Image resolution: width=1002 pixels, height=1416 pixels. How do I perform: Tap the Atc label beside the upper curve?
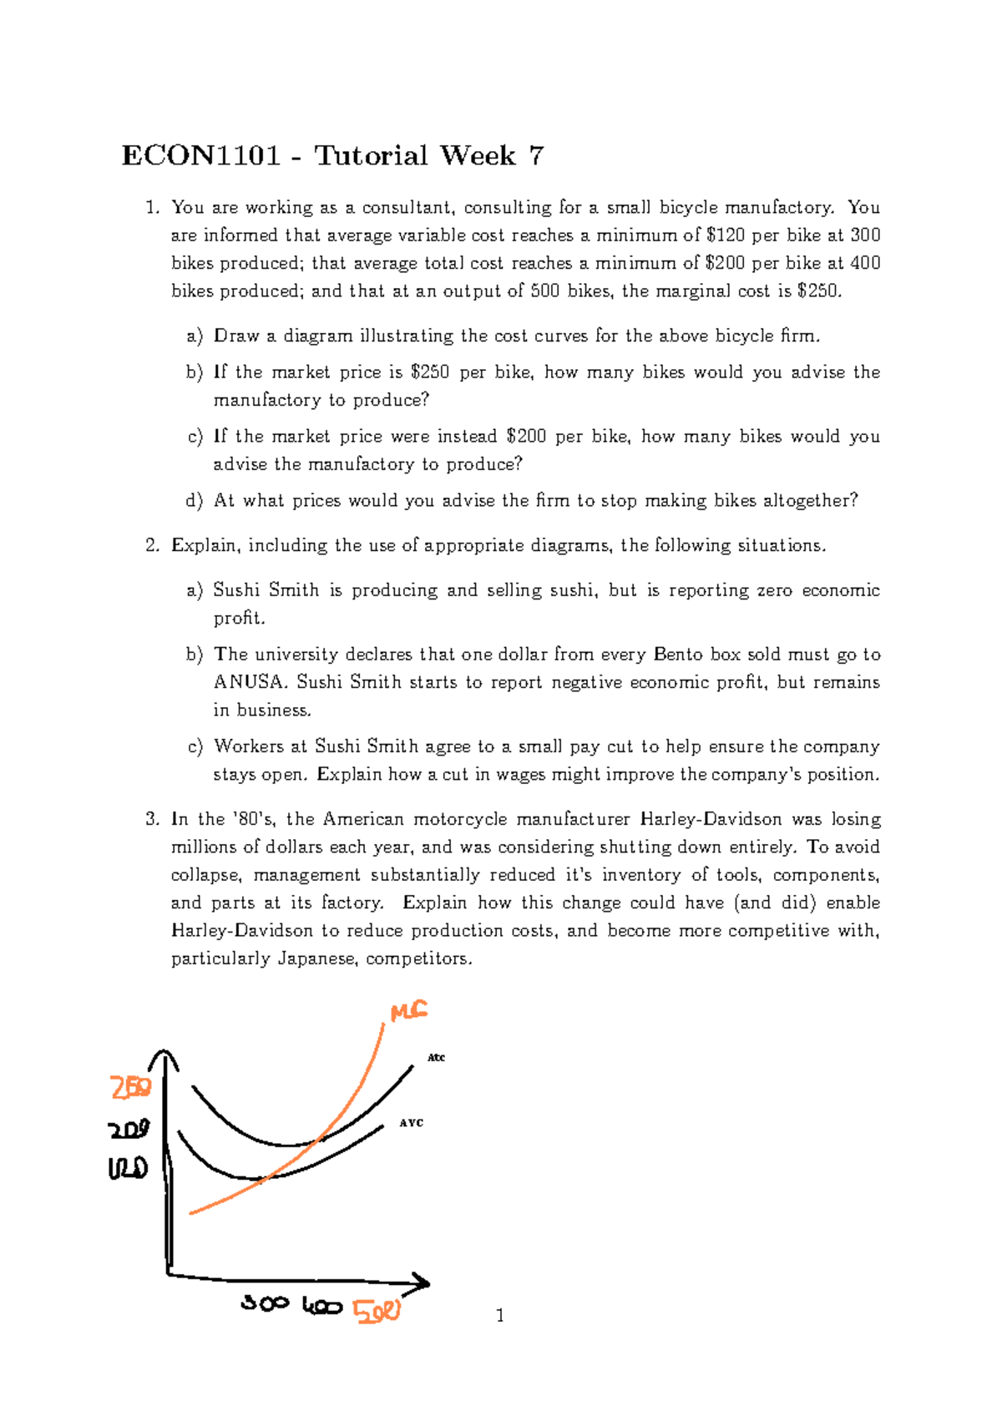436,1058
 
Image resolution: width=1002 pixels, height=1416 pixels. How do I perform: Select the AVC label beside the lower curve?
412,1123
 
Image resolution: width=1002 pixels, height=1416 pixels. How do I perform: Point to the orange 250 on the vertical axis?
131,1088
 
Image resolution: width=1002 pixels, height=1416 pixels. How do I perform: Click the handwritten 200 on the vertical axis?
129,1130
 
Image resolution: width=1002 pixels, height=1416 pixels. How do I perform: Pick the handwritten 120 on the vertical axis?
128,1168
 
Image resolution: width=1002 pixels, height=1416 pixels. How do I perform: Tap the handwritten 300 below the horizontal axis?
265,1302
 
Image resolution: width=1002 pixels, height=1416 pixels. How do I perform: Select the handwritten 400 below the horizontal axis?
321,1306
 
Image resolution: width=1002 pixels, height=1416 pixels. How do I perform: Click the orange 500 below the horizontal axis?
377,1311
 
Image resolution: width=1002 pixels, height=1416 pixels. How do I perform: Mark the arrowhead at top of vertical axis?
164,1059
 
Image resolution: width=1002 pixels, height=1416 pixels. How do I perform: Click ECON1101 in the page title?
200,155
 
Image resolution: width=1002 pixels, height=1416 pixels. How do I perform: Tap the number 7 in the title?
536,155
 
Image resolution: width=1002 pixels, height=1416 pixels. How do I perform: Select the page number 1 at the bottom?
500,1317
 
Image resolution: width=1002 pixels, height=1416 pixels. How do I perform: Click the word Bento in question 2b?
679,655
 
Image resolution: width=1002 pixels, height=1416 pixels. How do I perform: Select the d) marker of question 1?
195,501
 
